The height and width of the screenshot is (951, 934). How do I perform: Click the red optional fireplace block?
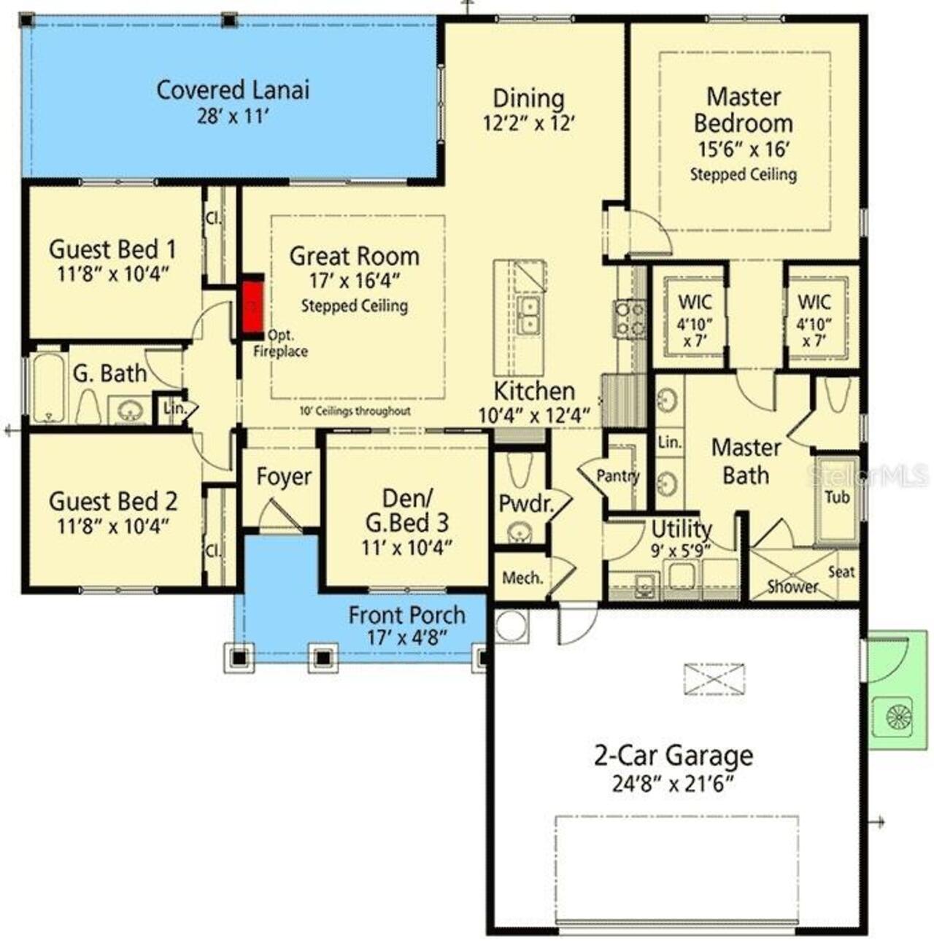point(252,304)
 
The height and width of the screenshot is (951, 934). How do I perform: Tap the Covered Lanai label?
point(233,90)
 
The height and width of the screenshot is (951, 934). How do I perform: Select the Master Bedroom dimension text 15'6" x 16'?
point(743,150)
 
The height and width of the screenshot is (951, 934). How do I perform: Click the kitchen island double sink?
point(528,314)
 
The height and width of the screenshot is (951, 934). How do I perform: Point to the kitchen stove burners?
point(629,319)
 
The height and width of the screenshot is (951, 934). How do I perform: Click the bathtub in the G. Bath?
point(49,388)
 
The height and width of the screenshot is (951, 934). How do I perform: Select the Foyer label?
point(284,477)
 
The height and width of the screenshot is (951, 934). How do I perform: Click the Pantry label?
point(617,476)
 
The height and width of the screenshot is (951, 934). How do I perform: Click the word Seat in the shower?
point(841,572)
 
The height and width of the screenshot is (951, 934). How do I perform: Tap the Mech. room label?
point(522,578)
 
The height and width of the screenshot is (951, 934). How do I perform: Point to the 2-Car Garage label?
point(673,756)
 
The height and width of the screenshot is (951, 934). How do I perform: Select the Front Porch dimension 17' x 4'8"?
point(406,637)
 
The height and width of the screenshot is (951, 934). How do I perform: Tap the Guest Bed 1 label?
point(112,249)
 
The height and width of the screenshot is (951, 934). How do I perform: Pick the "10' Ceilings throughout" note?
point(355,411)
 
